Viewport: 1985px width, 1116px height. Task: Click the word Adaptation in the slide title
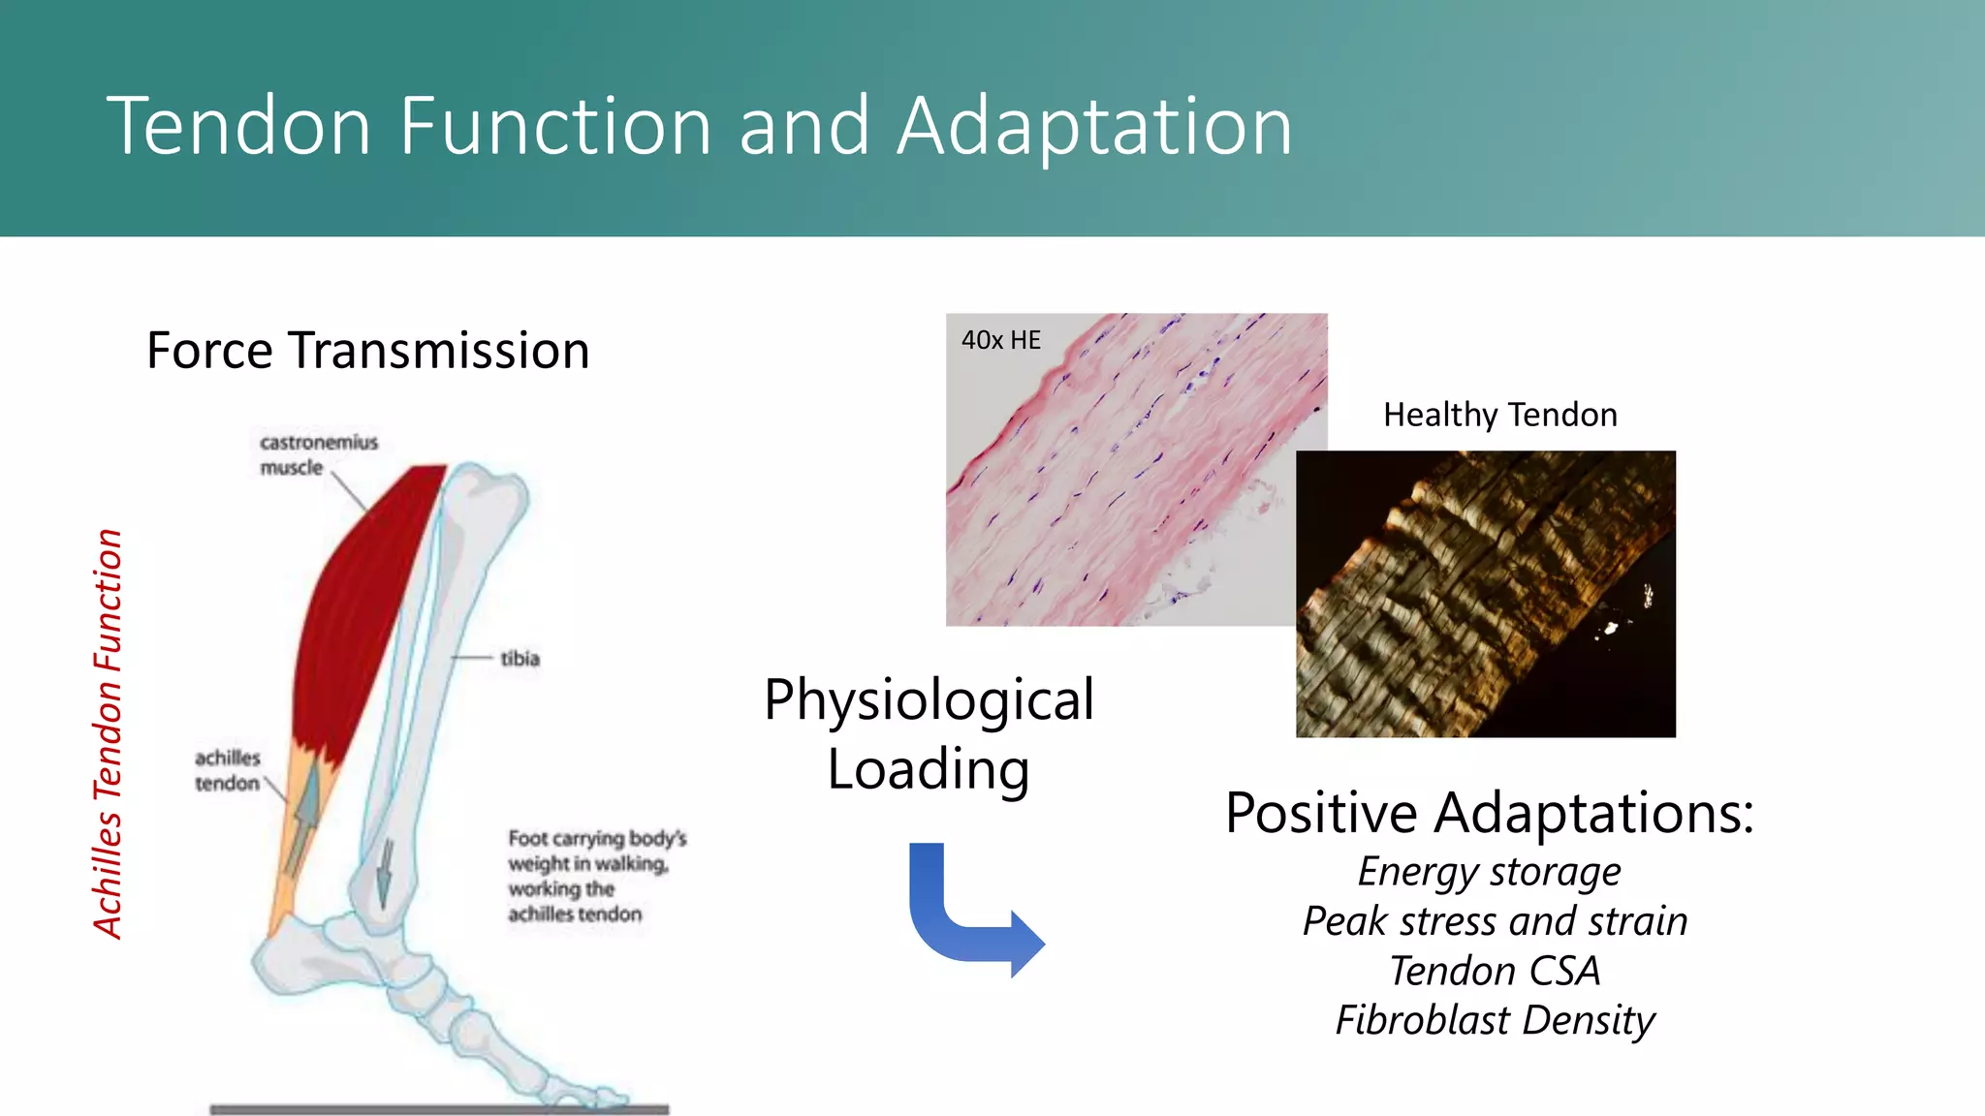coord(1095,128)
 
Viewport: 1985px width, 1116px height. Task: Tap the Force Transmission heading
coord(367,351)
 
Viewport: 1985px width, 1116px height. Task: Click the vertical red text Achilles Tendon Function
coord(109,733)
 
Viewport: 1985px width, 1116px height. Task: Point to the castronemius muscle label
coord(317,455)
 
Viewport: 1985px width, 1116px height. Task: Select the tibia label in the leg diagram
coord(520,659)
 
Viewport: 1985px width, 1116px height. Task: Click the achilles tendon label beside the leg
coord(228,770)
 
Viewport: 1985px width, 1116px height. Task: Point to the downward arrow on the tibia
coord(385,872)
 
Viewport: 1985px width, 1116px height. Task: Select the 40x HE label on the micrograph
coord(1000,340)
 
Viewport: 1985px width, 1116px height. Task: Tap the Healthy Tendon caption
coord(1499,415)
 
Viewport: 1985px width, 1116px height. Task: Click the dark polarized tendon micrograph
coord(1485,593)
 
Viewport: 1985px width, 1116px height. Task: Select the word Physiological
coord(929,699)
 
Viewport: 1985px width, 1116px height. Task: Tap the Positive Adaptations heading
coord(1489,812)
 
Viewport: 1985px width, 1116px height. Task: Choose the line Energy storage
coord(1489,871)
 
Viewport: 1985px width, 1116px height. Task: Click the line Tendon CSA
coord(1494,971)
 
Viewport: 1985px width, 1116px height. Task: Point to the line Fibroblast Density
coord(1494,1020)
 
